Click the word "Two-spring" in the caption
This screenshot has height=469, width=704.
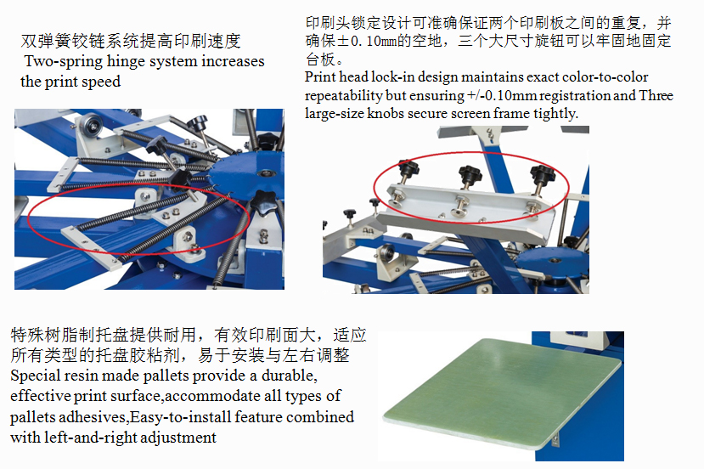pos(64,61)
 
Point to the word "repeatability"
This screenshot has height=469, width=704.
pos(343,96)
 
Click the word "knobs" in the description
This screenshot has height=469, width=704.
pos(386,113)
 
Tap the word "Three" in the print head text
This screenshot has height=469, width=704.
pos(656,95)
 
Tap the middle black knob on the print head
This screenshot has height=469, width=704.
pos(470,173)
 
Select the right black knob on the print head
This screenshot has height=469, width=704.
pos(543,174)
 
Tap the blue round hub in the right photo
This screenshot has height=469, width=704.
pos(551,262)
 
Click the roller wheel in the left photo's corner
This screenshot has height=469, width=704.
pos(93,126)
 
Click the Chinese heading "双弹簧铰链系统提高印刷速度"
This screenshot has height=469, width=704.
pos(131,42)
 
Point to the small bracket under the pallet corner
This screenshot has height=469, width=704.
pos(555,438)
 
